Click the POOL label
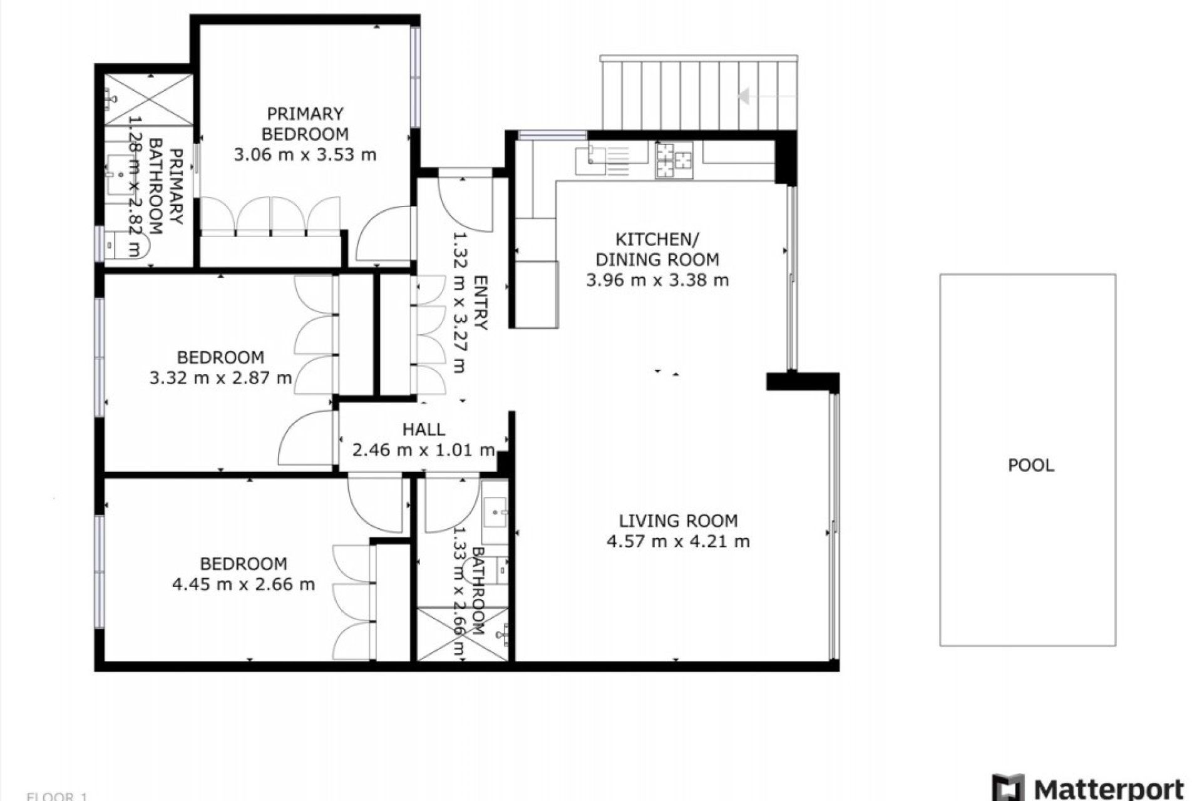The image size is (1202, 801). click(1030, 465)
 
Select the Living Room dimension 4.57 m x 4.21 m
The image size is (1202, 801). click(678, 541)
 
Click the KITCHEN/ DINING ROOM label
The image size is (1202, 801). click(657, 249)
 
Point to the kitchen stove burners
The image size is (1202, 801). click(674, 159)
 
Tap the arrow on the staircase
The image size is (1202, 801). click(745, 96)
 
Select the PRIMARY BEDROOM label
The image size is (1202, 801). click(305, 123)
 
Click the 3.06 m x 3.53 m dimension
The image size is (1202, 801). click(305, 154)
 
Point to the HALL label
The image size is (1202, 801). click(424, 429)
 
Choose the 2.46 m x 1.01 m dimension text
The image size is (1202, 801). click(424, 450)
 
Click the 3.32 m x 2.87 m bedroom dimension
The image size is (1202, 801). click(220, 378)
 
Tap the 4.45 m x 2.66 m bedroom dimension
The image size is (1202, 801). click(243, 584)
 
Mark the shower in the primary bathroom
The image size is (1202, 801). click(148, 99)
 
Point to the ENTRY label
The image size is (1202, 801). click(480, 302)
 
